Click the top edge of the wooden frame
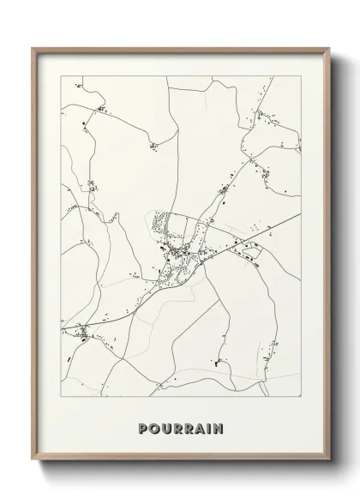[x=180, y=50]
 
